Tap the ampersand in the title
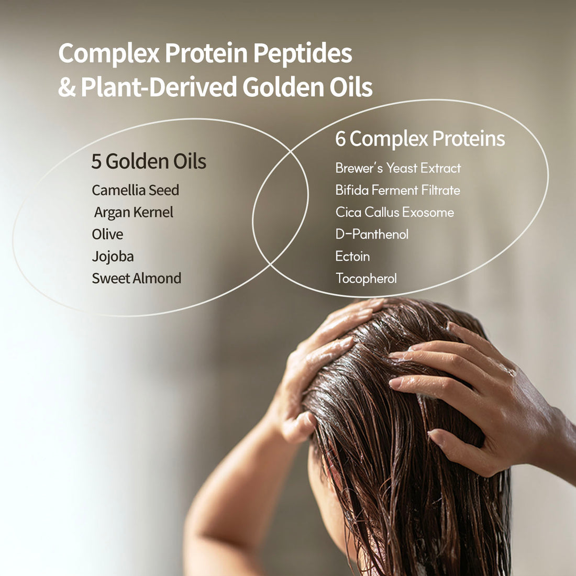coord(67,87)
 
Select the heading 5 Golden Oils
coord(149,161)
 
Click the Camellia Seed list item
coord(135,190)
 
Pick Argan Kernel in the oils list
coord(134,212)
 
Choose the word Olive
coord(107,234)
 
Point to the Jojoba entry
coord(113,257)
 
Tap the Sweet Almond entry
coord(136,278)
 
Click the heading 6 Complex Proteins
coord(420,139)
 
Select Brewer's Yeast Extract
coord(398,168)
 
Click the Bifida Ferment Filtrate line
coord(397,190)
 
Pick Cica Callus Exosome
coord(394,212)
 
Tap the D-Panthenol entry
coord(372,234)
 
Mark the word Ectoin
coord(352,256)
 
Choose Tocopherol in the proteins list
coord(366,278)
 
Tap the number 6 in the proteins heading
coord(340,139)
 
